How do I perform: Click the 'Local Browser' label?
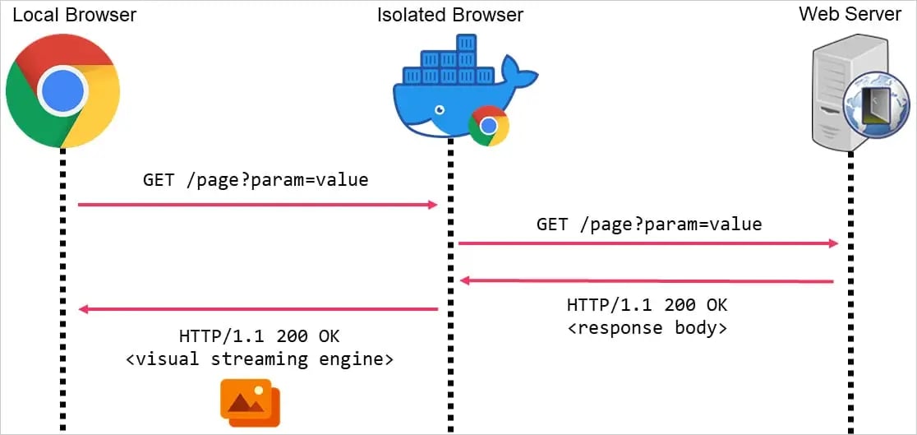(74, 14)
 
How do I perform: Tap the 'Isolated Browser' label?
(449, 14)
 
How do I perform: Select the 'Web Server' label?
(850, 14)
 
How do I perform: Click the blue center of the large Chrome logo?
(62, 90)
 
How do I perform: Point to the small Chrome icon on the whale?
(489, 126)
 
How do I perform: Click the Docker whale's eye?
(441, 109)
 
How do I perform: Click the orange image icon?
(250, 402)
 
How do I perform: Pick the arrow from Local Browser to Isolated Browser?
(257, 204)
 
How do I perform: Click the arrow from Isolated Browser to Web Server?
(647, 243)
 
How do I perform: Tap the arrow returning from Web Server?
(647, 281)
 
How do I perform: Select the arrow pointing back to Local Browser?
(257, 309)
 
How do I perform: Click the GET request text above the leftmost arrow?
(256, 179)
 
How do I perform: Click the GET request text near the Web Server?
(649, 224)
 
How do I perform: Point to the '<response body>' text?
(647, 327)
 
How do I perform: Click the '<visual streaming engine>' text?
(259, 359)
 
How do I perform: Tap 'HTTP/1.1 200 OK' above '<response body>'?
(647, 305)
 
